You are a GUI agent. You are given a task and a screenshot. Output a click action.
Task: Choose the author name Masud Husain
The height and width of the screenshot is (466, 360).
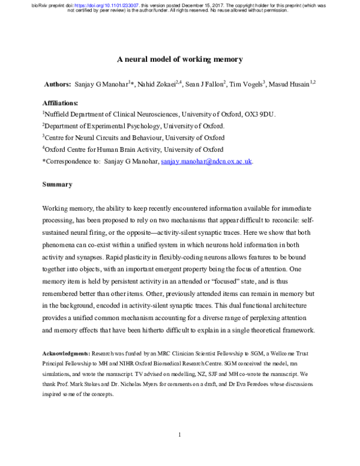(289, 86)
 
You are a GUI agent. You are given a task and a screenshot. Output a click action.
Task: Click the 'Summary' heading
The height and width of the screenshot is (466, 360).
(57, 184)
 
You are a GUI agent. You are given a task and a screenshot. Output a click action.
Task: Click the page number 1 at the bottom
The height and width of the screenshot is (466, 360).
(179, 434)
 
